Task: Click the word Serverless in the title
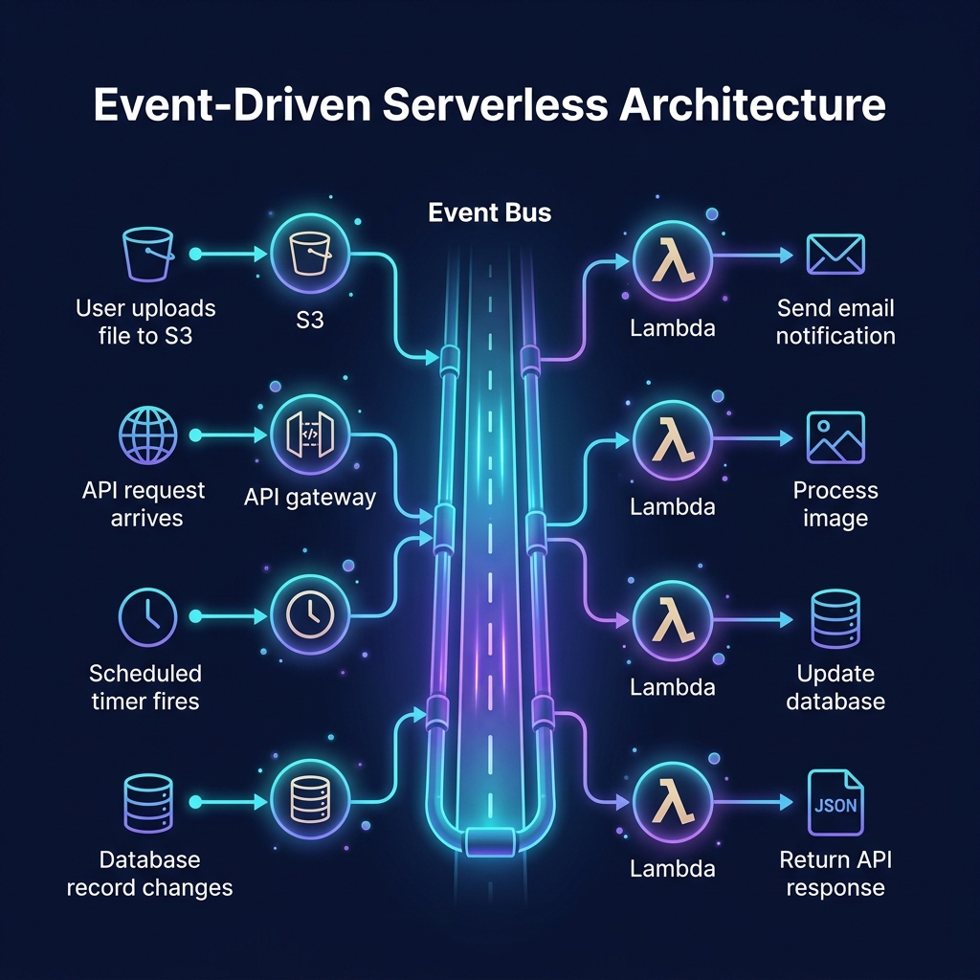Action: coord(496,104)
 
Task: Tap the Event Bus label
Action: coord(490,212)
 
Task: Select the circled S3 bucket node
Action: coord(310,255)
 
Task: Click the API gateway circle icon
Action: coord(310,435)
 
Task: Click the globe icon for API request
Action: coord(147,435)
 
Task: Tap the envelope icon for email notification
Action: coord(835,255)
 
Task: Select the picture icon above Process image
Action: coord(835,437)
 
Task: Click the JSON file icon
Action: coord(835,802)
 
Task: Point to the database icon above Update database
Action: coord(835,619)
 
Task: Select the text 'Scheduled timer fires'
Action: coord(145,686)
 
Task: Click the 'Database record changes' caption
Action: coord(149,873)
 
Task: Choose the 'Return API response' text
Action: coord(835,873)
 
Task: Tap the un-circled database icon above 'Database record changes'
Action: coord(148,800)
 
